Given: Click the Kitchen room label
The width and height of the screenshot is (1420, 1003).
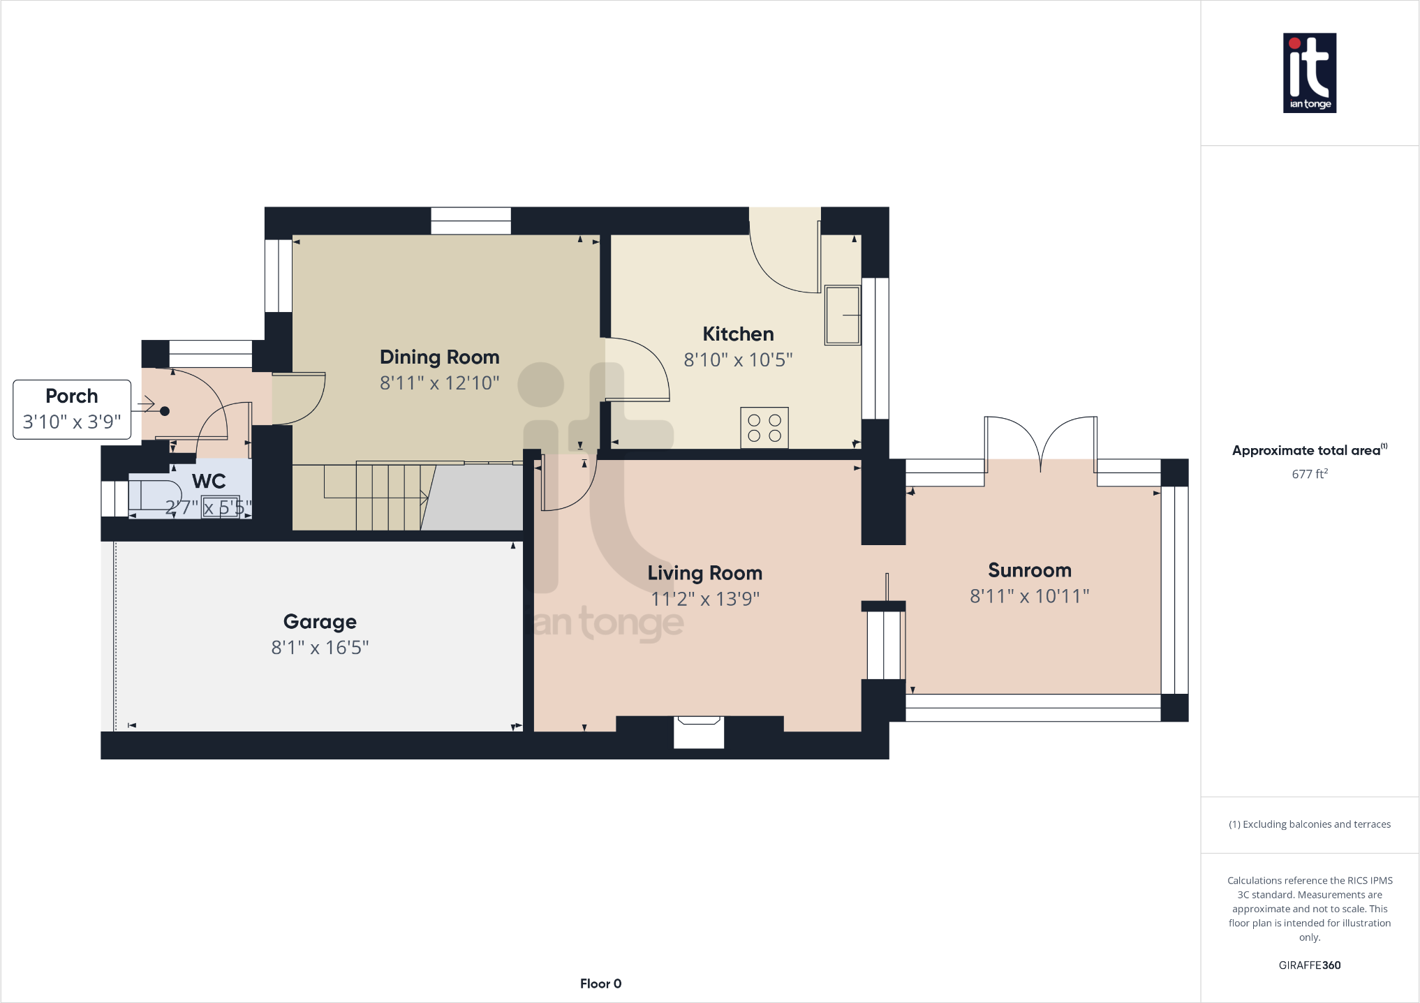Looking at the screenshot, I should tap(738, 334).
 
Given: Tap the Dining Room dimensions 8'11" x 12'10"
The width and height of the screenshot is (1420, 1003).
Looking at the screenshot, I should tap(439, 382).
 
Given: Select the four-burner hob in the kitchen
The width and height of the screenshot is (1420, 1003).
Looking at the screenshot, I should tap(764, 427).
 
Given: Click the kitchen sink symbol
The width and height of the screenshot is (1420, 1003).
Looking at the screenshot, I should tap(843, 315).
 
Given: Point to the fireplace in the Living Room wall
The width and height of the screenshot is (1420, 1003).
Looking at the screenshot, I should tap(698, 731).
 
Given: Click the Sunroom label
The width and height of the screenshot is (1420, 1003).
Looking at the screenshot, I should tap(1029, 570).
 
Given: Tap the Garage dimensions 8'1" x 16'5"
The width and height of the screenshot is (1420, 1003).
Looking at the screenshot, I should tap(320, 648).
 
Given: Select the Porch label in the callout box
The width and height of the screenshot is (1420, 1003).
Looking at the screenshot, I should tap(71, 396).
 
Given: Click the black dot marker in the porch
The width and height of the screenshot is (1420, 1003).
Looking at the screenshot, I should tap(165, 411).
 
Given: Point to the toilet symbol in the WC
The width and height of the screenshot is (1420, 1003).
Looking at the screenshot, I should tap(149, 494).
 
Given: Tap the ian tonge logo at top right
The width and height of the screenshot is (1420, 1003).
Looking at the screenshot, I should tap(1309, 73).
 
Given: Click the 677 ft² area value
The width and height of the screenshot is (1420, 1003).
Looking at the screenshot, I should tap(1309, 474).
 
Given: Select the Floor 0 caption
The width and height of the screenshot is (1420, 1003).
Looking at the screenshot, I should tap(600, 983).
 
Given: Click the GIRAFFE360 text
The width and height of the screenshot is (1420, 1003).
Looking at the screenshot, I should tap(1309, 965).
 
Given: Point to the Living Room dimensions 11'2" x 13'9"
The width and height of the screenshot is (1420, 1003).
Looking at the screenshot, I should tap(704, 599).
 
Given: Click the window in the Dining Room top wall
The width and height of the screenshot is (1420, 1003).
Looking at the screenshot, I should tap(471, 221).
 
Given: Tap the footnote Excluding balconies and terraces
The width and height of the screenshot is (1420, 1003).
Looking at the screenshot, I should tap(1309, 824).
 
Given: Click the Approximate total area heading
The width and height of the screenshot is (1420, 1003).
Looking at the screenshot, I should tap(1306, 450).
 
